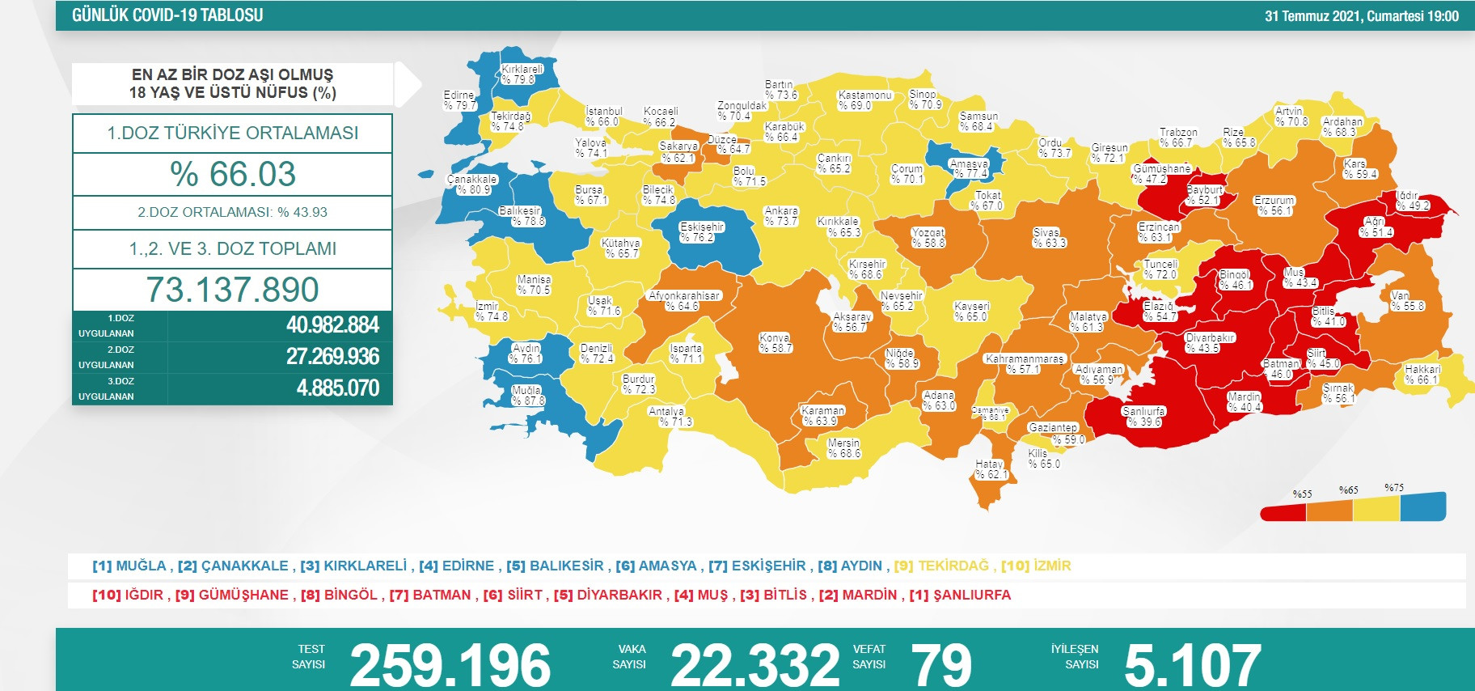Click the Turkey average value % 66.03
click(x=233, y=174)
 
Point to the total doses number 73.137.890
click(x=233, y=290)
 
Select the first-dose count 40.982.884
click(x=332, y=325)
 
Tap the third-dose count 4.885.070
click(x=338, y=388)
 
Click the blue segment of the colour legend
click(x=1422, y=507)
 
